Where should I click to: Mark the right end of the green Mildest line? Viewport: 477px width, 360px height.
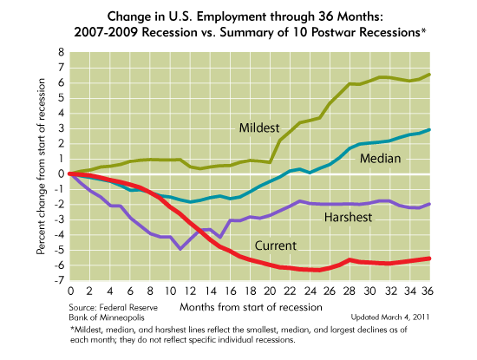[x=455, y=74]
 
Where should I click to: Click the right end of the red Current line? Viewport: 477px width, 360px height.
[x=455, y=259]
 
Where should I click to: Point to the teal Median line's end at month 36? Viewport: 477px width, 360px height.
[x=455, y=130]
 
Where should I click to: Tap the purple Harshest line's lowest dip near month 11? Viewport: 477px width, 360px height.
[x=180, y=249]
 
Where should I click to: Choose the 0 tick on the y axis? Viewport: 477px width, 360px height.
[x=62, y=173]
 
